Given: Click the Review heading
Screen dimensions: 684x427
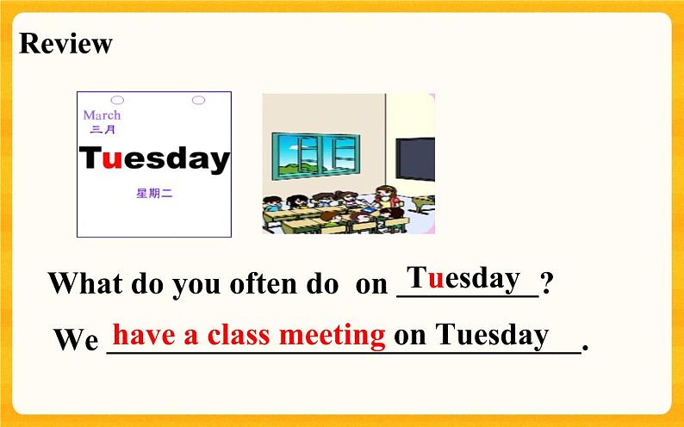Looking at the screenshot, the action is [65, 44].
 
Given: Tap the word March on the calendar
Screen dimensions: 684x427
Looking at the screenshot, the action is [102, 115].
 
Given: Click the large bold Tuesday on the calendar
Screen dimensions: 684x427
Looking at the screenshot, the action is [154, 159].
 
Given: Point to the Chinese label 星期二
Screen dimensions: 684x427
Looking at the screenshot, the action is [154, 193].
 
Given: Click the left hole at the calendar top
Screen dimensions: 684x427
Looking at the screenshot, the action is [117, 100].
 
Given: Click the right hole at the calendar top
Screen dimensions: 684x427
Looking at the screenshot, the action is [198, 100].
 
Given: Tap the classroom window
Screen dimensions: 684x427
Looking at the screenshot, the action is [316, 157].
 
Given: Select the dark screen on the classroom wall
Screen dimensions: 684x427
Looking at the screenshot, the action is [415, 159].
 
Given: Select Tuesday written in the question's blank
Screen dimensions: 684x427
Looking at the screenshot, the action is [463, 278].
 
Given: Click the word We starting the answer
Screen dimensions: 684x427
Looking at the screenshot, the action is [76, 340].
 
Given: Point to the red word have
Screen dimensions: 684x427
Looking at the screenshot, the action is [145, 335].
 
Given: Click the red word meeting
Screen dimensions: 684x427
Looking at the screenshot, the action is [333, 336].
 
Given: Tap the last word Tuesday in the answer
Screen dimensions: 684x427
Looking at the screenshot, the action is [493, 335].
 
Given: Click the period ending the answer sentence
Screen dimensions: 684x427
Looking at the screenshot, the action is [586, 347].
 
